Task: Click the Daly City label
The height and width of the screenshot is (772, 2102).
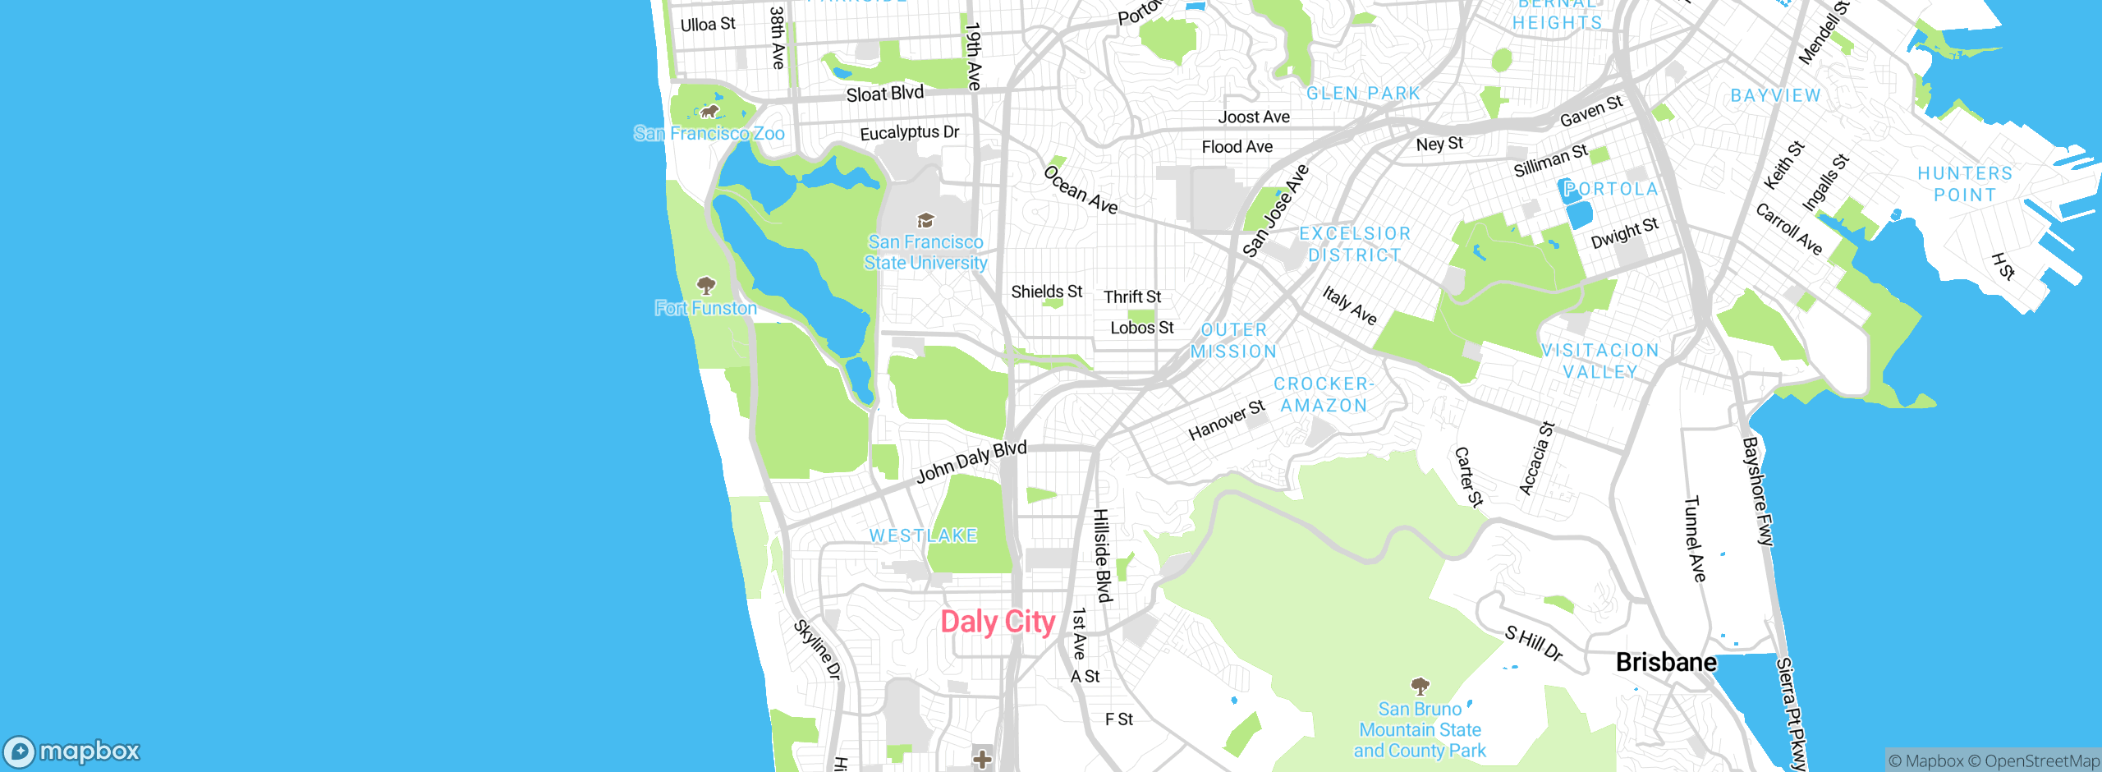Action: [998, 622]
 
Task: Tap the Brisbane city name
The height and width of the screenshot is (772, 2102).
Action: [1666, 662]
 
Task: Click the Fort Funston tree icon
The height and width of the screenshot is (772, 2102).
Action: [706, 286]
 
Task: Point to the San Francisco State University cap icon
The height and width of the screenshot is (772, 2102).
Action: [925, 220]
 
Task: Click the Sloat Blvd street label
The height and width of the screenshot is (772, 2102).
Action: [884, 94]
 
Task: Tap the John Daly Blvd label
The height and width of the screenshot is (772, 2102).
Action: [971, 461]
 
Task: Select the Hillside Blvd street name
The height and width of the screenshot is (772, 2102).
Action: [1103, 555]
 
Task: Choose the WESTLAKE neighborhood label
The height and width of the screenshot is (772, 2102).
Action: [923, 535]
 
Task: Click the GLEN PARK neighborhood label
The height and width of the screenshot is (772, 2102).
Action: [1363, 94]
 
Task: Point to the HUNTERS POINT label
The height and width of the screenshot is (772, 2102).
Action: [1965, 184]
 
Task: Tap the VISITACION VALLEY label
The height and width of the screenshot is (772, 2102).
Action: [1600, 361]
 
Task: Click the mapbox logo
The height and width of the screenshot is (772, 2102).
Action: [72, 751]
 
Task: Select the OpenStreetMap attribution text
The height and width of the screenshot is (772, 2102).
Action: [2041, 761]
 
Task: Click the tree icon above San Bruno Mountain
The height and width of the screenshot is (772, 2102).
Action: [1420, 686]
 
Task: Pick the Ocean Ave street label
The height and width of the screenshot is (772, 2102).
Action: [1081, 190]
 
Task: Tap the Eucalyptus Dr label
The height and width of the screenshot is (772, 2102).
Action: [909, 132]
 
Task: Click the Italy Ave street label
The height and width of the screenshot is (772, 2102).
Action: [1349, 306]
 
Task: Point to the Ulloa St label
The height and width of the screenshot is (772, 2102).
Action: [708, 24]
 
